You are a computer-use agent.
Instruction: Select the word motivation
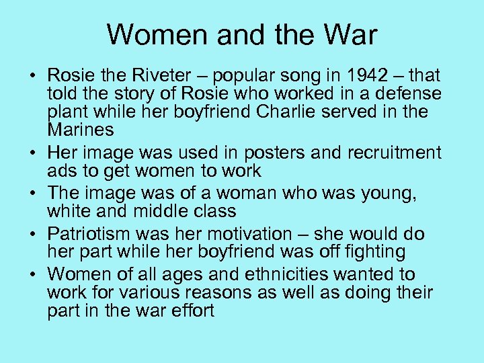pos(247,234)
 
